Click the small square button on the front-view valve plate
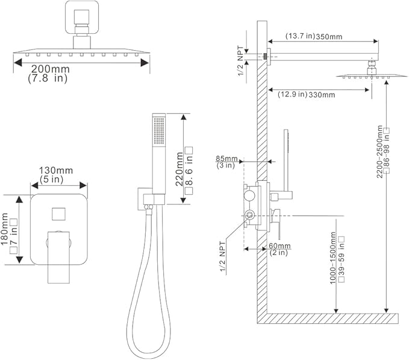58,213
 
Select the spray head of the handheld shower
159,130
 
